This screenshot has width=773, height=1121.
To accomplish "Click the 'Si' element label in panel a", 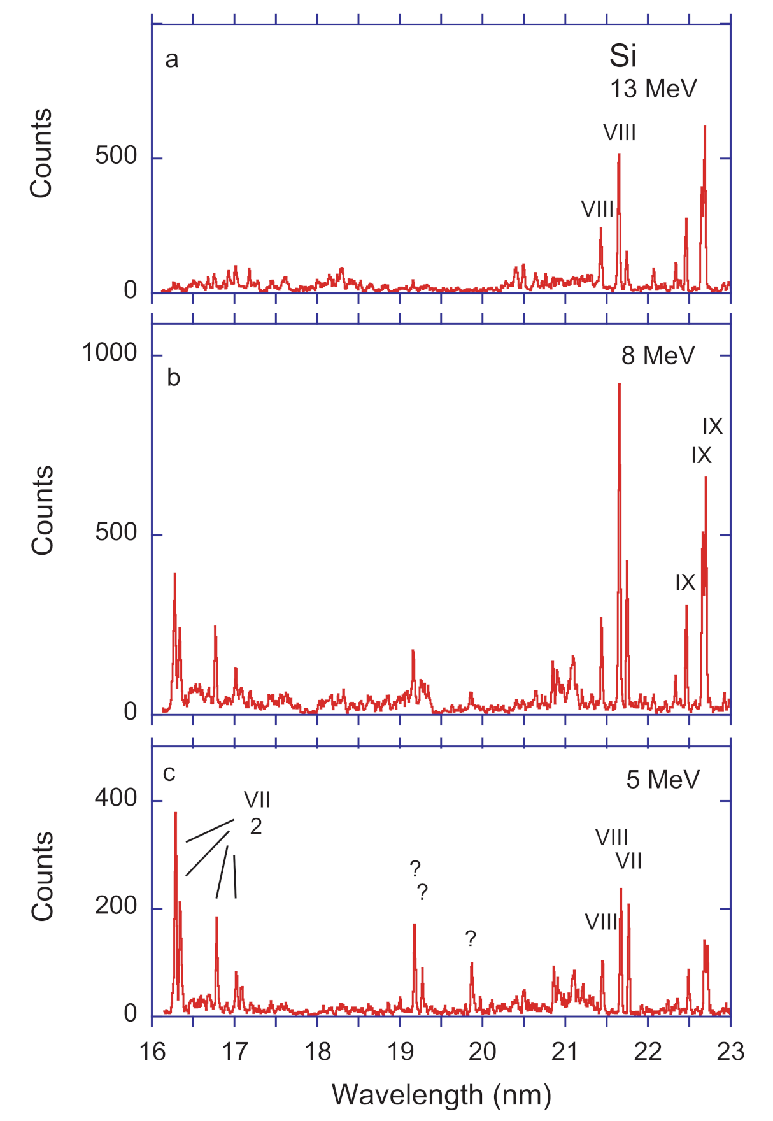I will click(623, 56).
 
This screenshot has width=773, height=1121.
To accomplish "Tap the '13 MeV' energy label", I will click(653, 89).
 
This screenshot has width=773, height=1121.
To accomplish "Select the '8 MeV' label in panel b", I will click(658, 355).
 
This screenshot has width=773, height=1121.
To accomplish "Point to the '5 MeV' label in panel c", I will click(663, 780).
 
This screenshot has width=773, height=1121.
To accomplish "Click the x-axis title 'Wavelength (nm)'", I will click(441, 1095).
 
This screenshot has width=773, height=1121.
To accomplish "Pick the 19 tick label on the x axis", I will click(400, 1052).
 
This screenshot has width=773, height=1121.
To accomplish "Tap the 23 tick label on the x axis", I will click(730, 1052).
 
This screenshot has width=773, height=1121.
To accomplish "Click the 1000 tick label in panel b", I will click(110, 352).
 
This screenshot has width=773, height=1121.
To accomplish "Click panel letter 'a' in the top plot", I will click(171, 59).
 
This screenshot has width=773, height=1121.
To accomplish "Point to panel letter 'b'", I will click(173, 378).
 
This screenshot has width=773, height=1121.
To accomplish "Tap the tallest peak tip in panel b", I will click(619, 384).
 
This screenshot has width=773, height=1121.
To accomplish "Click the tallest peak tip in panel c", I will click(175, 813).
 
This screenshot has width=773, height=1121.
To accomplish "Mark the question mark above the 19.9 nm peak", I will click(471, 938).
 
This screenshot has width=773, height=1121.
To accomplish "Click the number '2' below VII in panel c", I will click(255, 827).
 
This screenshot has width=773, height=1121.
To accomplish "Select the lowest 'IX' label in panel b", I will click(685, 582).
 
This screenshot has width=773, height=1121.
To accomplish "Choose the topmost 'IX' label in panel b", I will click(713, 426).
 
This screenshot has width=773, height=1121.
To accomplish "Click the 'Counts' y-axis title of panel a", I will click(41, 153).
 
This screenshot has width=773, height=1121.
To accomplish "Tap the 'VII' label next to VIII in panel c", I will click(628, 861).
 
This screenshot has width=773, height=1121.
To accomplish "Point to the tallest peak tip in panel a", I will click(704, 127).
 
